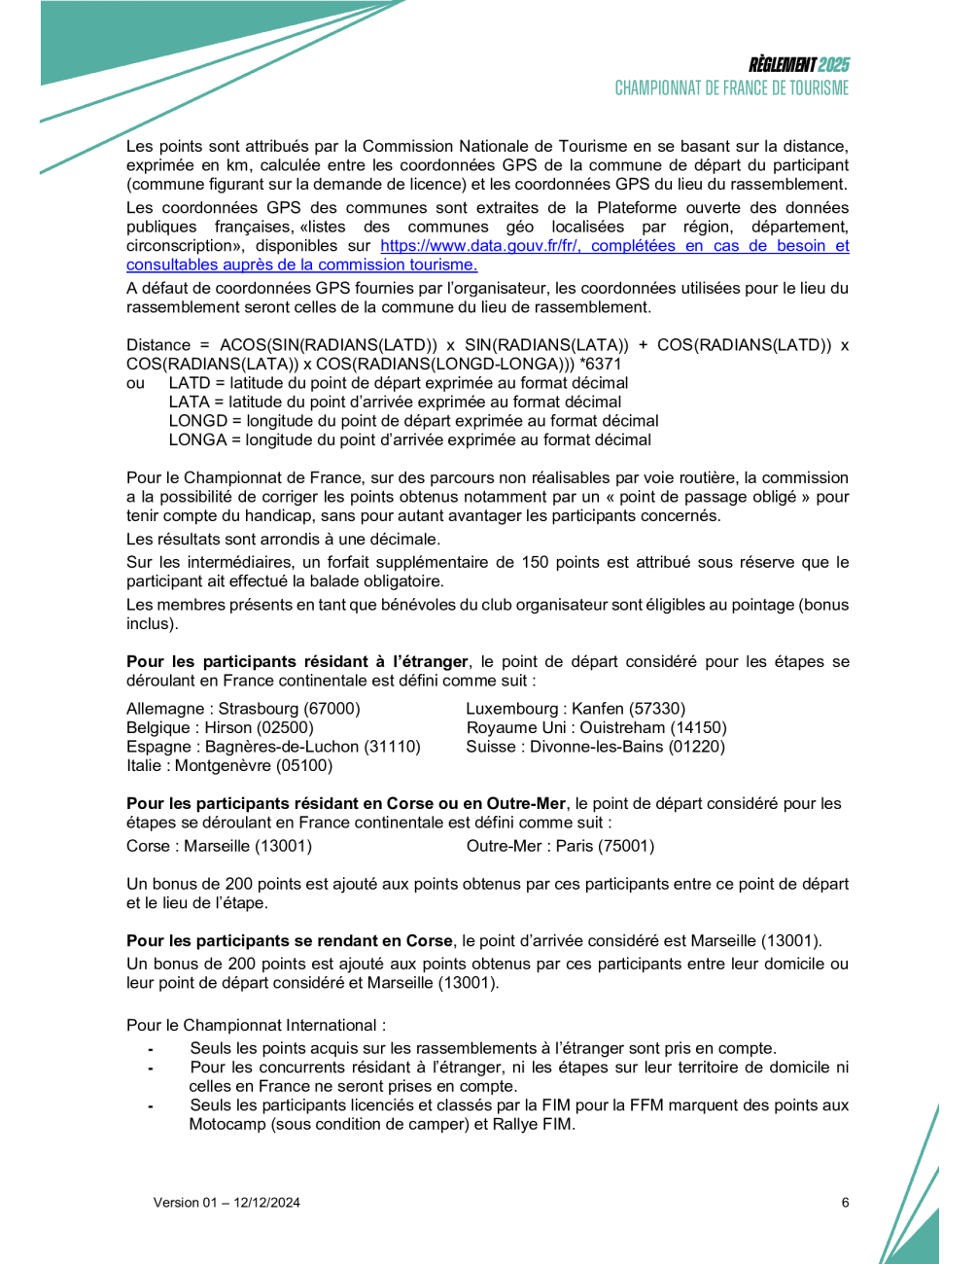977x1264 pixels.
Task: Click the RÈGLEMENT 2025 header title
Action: pos(798,65)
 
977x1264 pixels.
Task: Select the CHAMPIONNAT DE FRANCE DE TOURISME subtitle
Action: pos(731,88)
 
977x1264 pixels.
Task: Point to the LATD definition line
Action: pos(398,383)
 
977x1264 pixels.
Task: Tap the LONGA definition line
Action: pos(409,439)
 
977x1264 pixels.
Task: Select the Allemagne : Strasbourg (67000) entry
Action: pos(243,709)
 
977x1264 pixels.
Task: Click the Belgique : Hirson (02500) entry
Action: pos(220,727)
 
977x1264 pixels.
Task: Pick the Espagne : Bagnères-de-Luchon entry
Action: pos(273,747)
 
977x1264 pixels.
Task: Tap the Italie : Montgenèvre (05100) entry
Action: pos(229,765)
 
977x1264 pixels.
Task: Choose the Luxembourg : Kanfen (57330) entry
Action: pos(576,709)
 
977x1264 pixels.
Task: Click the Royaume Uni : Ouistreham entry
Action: pos(596,727)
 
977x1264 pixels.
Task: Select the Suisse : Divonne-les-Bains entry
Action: pos(595,747)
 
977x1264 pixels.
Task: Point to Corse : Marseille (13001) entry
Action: pos(219,846)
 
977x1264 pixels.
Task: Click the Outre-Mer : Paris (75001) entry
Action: pos(560,846)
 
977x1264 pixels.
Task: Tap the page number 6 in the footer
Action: pos(845,1203)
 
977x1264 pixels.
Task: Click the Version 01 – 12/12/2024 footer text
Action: pos(227,1203)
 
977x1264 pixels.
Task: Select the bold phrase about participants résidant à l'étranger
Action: pos(297,662)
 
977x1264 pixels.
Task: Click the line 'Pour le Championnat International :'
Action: pos(256,1025)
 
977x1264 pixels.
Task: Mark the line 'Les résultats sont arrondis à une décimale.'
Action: pos(283,539)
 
